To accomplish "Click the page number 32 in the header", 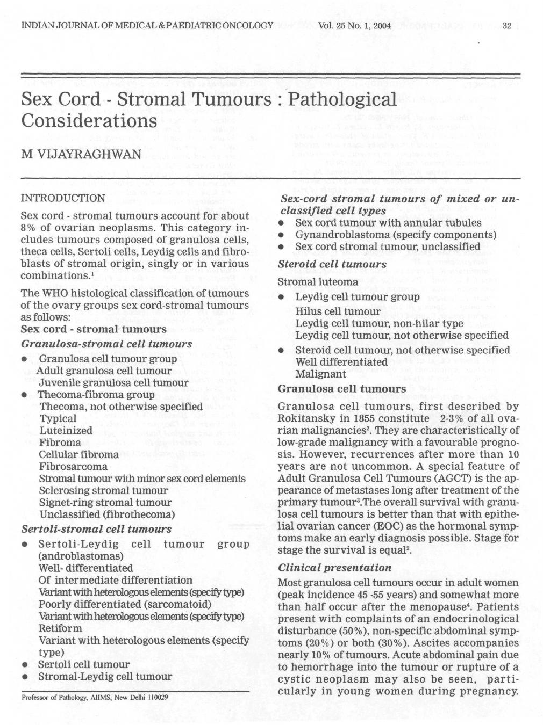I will pyautogui.click(x=506, y=25).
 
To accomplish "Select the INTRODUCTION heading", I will pyautogui.click(x=63, y=198).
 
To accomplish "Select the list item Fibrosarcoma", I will pyautogui.click(x=73, y=466).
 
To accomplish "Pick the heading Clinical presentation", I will pyautogui.click(x=334, y=568).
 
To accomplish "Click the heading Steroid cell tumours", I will pyautogui.click(x=332, y=264).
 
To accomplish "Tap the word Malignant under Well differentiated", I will pyautogui.click(x=320, y=373).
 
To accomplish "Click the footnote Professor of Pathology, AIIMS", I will pyautogui.click(x=95, y=697).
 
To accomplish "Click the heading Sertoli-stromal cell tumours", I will pyautogui.click(x=96, y=529).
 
